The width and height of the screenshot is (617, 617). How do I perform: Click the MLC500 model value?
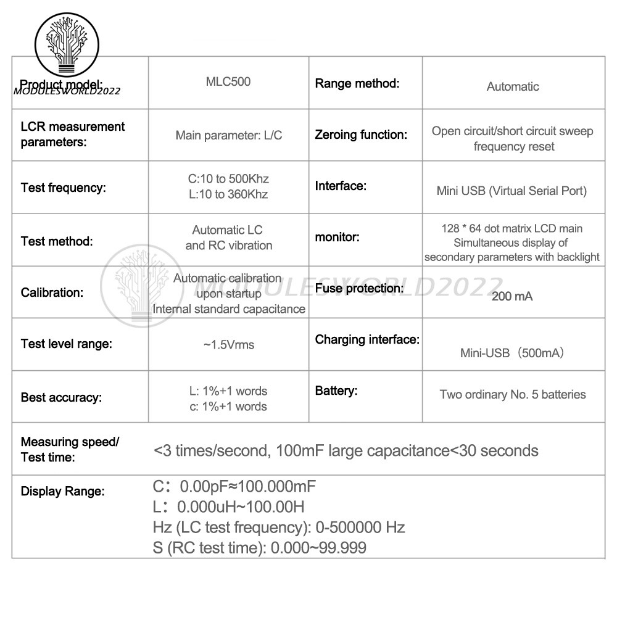228,81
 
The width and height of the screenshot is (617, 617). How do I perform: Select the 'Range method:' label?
357,83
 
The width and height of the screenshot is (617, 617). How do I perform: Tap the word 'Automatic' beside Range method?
513,87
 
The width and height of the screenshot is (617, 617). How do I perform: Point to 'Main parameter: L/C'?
229,135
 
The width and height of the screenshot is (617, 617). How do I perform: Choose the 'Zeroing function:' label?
361,135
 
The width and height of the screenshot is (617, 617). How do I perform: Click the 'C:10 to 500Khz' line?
228,180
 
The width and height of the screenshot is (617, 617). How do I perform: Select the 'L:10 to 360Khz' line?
228,195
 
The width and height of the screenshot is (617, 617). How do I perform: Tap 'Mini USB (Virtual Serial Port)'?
511,191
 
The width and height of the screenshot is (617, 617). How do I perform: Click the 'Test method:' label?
57,241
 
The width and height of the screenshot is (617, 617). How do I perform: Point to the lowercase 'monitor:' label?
337,237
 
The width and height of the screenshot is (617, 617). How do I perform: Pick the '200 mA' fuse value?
512,296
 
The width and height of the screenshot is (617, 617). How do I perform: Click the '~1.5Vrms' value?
228,345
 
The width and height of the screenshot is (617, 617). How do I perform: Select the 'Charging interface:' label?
367,339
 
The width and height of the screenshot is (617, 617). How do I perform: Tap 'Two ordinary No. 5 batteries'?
513,394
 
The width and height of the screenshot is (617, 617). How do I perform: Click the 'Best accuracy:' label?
61,397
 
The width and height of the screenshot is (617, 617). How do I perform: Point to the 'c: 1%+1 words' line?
228,407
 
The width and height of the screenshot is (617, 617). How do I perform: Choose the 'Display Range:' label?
63,492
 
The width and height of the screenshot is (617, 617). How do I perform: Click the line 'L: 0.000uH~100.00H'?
228,507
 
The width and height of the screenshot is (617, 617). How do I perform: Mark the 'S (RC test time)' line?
259,547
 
